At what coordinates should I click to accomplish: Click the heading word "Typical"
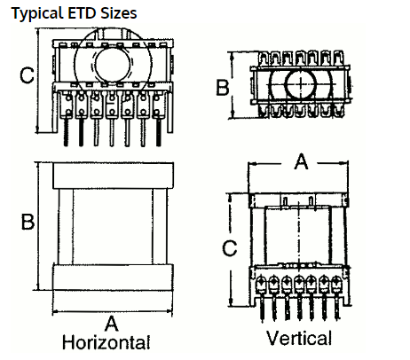pos(37,13)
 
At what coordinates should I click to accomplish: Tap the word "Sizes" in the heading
pos(119,13)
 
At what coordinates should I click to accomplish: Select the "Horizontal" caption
pos(106,342)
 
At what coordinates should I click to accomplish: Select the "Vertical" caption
pos(299,338)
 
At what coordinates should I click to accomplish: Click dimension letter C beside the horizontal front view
pos(27,75)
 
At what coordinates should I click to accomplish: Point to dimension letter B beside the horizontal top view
pos(28,222)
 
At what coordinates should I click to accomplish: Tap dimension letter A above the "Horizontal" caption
pos(112,324)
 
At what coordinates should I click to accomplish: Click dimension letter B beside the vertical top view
pos(223,87)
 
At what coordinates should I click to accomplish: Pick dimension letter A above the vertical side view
pos(301,161)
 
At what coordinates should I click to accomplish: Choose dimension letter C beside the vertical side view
pos(230,248)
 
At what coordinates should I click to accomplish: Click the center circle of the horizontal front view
pos(113,65)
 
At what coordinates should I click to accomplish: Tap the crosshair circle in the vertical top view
pos(301,84)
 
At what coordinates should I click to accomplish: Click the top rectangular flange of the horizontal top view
pos(113,176)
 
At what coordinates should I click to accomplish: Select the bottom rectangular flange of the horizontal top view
pos(113,278)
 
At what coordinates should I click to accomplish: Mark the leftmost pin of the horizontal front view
pos(66,131)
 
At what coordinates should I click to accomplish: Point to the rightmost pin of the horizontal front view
pos(159,131)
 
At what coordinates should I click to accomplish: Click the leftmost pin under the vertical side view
pos(262,308)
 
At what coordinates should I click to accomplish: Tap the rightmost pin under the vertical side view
pos(336,308)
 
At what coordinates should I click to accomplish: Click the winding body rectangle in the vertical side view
pos(297,236)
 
